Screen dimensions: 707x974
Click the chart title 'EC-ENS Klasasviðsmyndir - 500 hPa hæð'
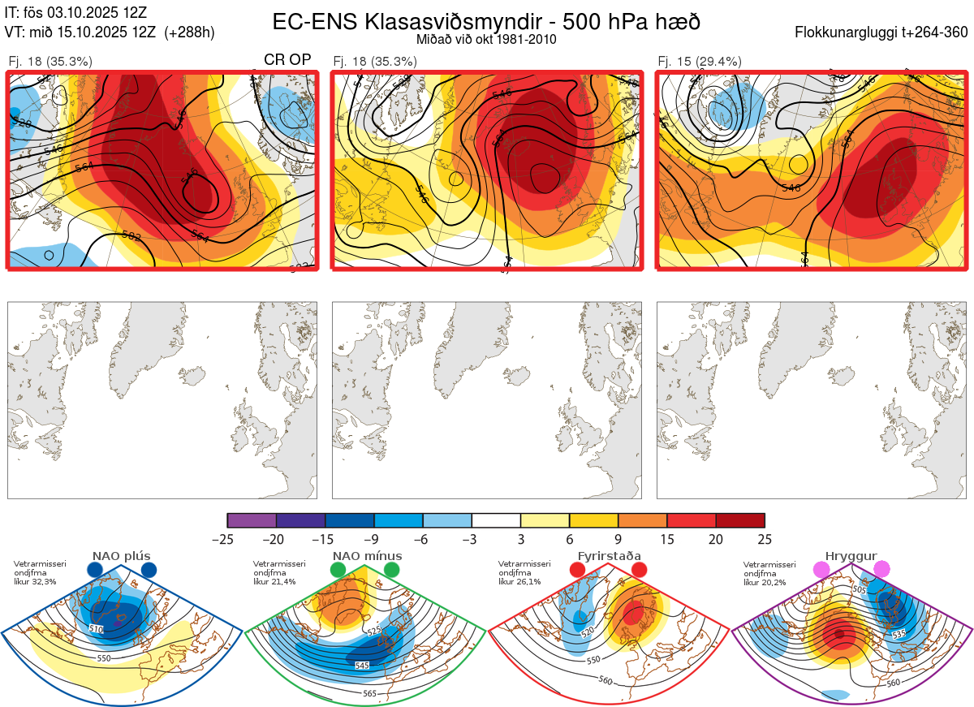(486, 21)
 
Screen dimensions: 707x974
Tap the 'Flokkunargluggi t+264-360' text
(884, 32)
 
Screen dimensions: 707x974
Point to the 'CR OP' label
(288, 60)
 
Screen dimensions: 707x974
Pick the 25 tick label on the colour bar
(764, 539)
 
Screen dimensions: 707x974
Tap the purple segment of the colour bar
(252, 520)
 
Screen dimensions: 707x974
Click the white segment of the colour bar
(496, 520)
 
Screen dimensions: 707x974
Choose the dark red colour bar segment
(740, 520)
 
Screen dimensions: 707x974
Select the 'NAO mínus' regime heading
(367, 556)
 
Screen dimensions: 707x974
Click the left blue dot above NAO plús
(95, 571)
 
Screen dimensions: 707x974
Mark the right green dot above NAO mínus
(392, 571)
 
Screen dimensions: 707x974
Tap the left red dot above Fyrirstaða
(578, 571)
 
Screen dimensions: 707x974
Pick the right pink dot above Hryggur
(881, 571)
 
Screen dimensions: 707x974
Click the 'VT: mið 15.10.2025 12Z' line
(110, 32)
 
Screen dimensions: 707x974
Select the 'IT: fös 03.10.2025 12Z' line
(75, 12)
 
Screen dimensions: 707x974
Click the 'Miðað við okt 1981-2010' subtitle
(486, 39)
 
